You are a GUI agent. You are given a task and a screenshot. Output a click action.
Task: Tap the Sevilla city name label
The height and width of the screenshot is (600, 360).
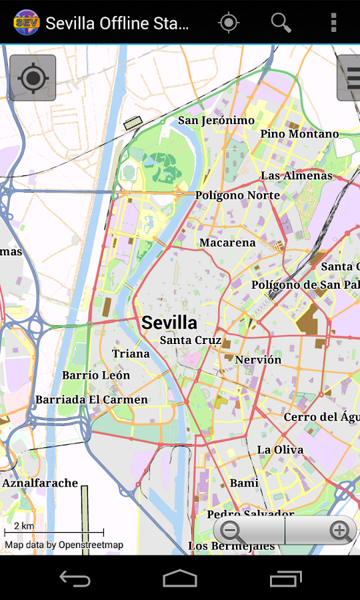pyautogui.click(x=169, y=323)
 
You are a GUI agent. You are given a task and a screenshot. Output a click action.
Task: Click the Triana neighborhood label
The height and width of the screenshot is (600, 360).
pyautogui.click(x=131, y=354)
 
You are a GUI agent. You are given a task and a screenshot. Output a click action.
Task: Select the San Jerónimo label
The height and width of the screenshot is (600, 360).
pyautogui.click(x=216, y=121)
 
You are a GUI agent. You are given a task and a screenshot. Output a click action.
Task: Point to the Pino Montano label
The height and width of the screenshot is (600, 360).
pyautogui.click(x=299, y=134)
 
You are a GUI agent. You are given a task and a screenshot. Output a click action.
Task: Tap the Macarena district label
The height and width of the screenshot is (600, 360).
pyautogui.click(x=227, y=243)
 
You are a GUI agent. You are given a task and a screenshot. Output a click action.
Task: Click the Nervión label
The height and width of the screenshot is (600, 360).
pyautogui.click(x=258, y=360)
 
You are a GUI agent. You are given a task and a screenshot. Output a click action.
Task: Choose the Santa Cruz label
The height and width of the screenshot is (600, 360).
pyautogui.click(x=191, y=340)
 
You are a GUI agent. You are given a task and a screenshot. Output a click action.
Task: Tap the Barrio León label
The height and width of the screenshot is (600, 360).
pyautogui.click(x=96, y=375)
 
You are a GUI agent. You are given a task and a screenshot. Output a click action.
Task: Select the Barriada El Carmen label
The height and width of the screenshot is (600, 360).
pyautogui.click(x=91, y=400)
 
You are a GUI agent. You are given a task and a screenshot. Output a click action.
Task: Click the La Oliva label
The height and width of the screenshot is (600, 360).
pyautogui.click(x=280, y=450)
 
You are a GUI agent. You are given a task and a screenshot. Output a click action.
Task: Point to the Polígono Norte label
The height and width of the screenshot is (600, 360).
pyautogui.click(x=237, y=195)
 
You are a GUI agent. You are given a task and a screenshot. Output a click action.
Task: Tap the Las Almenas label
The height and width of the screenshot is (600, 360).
pyautogui.click(x=296, y=176)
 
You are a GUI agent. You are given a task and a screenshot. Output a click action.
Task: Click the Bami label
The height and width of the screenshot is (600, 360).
pyautogui.click(x=244, y=483)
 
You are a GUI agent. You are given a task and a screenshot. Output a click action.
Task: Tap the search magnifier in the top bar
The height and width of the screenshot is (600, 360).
pyautogui.click(x=281, y=23)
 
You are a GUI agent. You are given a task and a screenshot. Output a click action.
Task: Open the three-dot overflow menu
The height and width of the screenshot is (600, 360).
pyautogui.click(x=334, y=23)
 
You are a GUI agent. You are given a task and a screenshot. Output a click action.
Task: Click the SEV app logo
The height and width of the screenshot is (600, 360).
pyautogui.click(x=26, y=23)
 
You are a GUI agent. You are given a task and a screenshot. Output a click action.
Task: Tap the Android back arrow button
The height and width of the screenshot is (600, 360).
pyautogui.click(x=75, y=578)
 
